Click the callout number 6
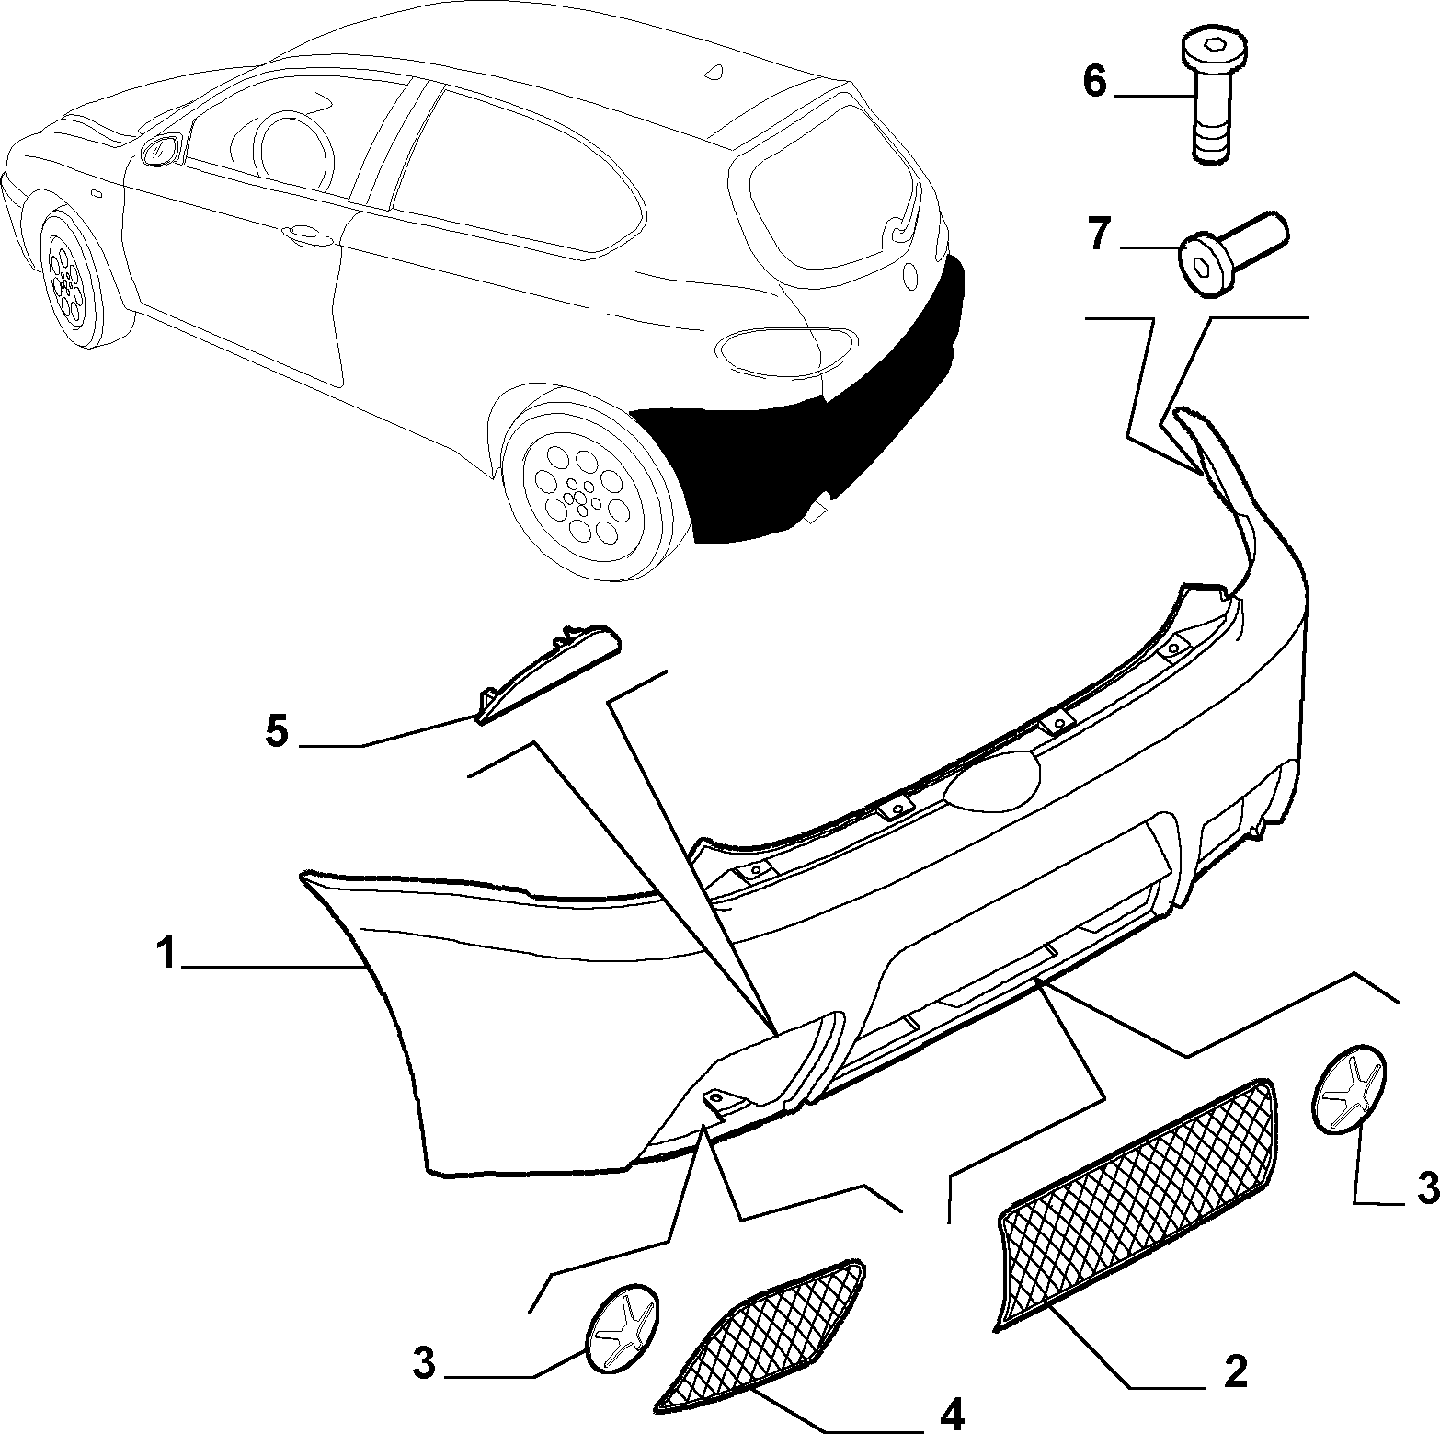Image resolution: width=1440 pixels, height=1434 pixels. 1094,81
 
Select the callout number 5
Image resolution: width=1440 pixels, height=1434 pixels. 277,732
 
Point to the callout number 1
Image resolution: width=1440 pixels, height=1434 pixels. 166,954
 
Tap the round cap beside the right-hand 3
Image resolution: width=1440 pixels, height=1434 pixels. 1349,1086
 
